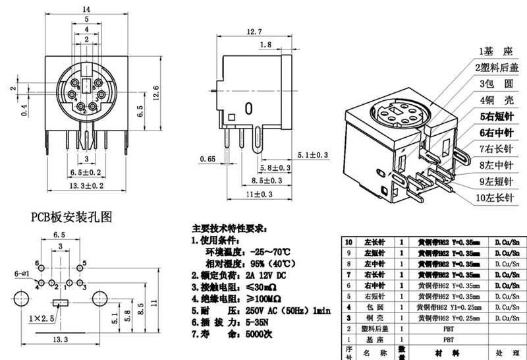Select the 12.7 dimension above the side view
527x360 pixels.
pos(255,32)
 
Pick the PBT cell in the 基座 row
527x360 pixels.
pos(448,339)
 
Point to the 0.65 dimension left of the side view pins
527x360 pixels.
pos(208,159)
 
